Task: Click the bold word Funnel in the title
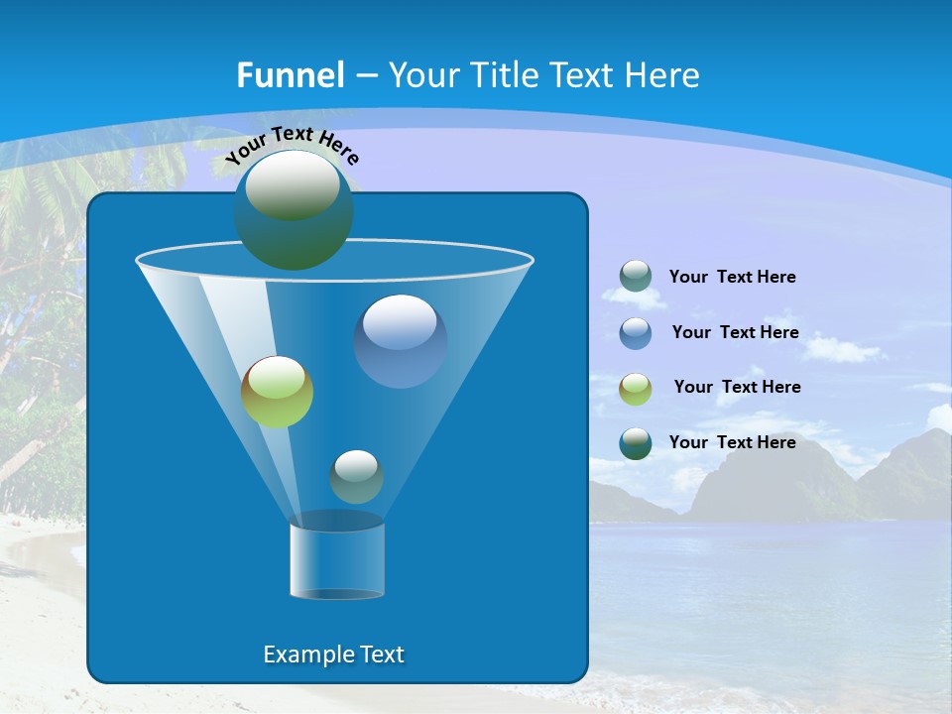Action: click(291, 75)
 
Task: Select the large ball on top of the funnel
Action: click(293, 209)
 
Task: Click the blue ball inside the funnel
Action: click(400, 340)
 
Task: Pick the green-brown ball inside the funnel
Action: click(277, 392)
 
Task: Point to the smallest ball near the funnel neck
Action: click(356, 476)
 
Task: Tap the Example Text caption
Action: click(333, 654)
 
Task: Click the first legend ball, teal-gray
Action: click(636, 276)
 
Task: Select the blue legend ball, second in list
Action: click(636, 332)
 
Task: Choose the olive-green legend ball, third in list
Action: click(636, 388)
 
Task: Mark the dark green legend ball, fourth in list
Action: click(636, 443)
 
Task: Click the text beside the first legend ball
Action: click(732, 277)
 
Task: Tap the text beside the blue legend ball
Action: click(735, 332)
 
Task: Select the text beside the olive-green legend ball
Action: click(737, 387)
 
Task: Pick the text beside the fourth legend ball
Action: click(732, 442)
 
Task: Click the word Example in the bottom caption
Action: click(302, 654)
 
